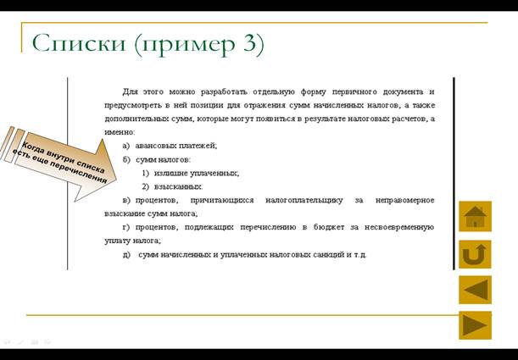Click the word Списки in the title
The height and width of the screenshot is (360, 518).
click(79, 43)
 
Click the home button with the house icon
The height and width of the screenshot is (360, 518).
click(475, 217)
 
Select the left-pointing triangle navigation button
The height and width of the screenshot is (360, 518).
click(475, 290)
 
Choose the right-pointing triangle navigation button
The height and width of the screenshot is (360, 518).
click(475, 325)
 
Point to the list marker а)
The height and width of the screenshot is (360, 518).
click(126, 146)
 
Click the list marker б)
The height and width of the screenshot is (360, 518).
click(127, 160)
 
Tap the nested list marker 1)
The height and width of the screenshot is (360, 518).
click(146, 174)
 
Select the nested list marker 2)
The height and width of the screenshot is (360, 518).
click(146, 186)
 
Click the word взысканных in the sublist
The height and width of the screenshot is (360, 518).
click(178, 187)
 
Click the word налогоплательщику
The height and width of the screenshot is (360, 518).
click(304, 200)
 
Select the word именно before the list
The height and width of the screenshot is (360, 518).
click(120, 133)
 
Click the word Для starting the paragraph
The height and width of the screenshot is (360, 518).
click(130, 91)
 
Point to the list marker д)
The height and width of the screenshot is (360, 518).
click(126, 255)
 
